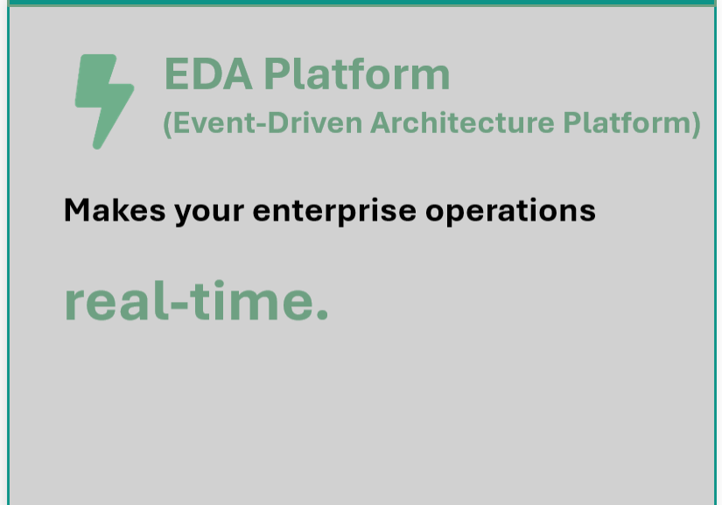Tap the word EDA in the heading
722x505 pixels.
click(208, 74)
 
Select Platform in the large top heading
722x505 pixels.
click(357, 74)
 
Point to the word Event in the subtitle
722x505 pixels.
click(214, 123)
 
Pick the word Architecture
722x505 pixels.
click(462, 123)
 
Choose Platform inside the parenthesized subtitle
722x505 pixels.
click(627, 123)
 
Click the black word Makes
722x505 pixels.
click(115, 210)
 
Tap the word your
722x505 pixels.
click(209, 214)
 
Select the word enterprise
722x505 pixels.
click(334, 212)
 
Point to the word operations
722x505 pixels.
click(510, 212)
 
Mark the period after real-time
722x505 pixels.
click(322, 315)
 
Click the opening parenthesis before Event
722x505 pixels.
click(168, 124)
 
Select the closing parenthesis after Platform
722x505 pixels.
click(696, 124)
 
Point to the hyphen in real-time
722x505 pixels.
click(179, 305)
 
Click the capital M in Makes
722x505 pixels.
click(77, 210)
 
